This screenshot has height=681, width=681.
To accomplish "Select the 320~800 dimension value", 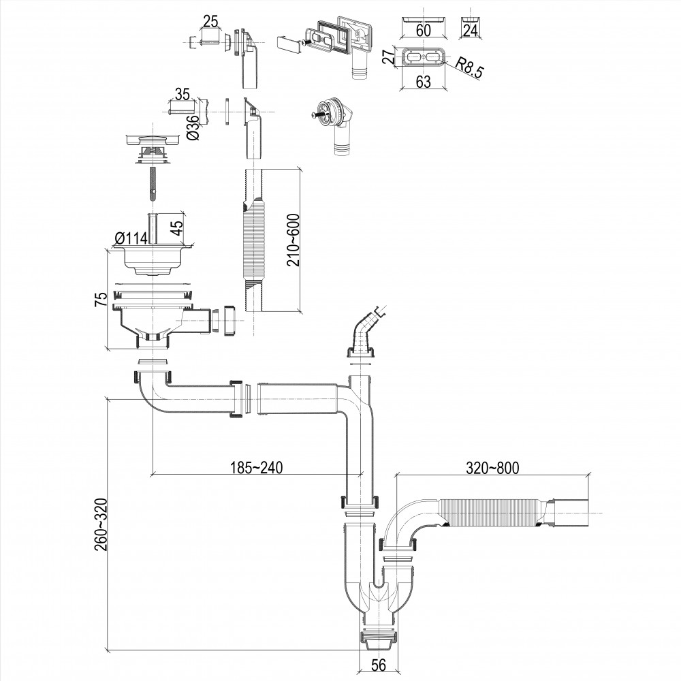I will tap(492, 468).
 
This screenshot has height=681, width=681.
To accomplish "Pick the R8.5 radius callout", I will tap(470, 69).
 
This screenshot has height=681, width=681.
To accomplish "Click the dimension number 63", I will tap(423, 82).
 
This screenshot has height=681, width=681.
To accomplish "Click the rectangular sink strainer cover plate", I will tap(153, 139).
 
